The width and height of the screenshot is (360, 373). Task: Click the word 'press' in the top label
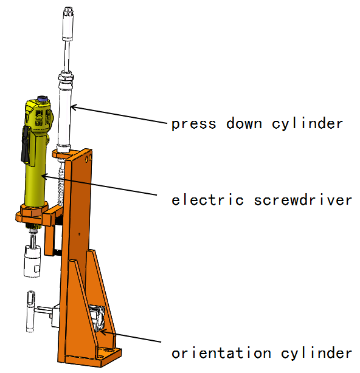coord(194,124)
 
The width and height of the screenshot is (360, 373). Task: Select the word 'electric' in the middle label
coord(207,200)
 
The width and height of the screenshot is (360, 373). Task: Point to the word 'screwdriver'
coord(303,200)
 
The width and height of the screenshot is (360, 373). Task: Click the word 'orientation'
coord(221,353)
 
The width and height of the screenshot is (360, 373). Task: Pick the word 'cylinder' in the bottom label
coord(316,353)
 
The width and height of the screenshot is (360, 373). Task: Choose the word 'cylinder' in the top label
coord(307,124)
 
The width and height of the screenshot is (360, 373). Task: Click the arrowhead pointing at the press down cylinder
coord(74,108)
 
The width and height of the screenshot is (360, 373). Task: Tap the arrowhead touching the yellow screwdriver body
coord(45,176)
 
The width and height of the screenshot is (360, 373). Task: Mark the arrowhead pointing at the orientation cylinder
coord(103,331)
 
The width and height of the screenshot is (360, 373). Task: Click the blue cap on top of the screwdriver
coord(43,98)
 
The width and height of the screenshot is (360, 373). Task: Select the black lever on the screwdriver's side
coord(26,144)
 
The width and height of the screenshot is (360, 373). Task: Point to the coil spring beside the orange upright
coord(61,187)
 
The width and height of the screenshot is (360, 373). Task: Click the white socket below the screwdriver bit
coord(32,261)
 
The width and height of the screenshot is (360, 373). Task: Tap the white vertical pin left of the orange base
coord(31,311)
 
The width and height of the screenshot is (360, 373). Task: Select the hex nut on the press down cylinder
coord(66,77)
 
